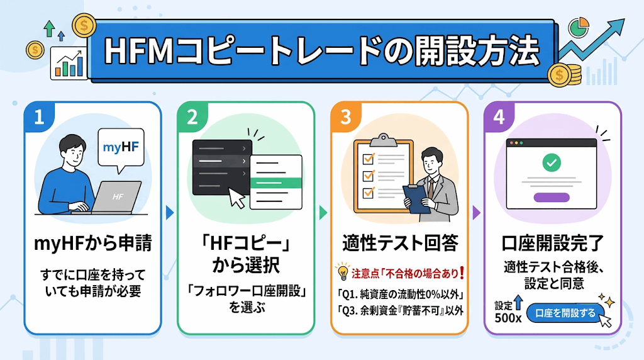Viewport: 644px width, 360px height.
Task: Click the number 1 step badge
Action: click(39, 116)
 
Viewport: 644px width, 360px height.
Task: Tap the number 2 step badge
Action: click(192, 116)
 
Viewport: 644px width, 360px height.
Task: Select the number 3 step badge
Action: click(346, 116)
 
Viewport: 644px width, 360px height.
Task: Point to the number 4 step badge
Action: click(499, 116)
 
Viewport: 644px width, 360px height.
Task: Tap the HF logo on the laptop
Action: click(118, 197)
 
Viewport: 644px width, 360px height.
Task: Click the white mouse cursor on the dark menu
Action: click(236, 198)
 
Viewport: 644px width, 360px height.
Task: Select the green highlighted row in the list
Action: click(276, 183)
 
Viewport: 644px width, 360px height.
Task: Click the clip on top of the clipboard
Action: click(383, 140)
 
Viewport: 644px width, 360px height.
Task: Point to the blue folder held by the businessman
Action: click(416, 199)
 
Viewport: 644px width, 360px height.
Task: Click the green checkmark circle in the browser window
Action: click(552, 162)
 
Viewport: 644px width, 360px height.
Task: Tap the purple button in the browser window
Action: click(552, 197)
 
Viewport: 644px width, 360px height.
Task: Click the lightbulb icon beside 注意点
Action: click(343, 271)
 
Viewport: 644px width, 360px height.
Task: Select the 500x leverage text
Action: click(508, 318)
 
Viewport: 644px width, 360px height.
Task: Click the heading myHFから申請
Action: click(93, 244)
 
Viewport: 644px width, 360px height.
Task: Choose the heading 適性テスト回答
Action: click(400, 244)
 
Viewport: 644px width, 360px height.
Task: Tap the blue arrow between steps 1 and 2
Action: click(170, 213)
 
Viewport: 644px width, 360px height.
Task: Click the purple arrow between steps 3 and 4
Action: click(477, 213)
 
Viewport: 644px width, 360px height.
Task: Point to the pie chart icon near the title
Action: click(579, 27)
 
